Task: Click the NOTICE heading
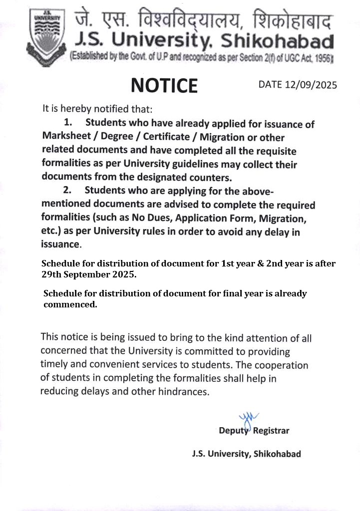pyautogui.click(x=164, y=85)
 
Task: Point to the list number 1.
pyautogui.click(x=68, y=123)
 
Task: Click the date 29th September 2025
pyautogui.click(x=88, y=274)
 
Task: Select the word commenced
pyautogui.click(x=70, y=305)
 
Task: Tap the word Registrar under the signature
pyautogui.click(x=271, y=431)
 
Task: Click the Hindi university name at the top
pyautogui.click(x=204, y=20)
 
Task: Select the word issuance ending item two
pyautogui.click(x=60, y=245)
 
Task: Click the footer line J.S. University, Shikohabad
pyautogui.click(x=246, y=454)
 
